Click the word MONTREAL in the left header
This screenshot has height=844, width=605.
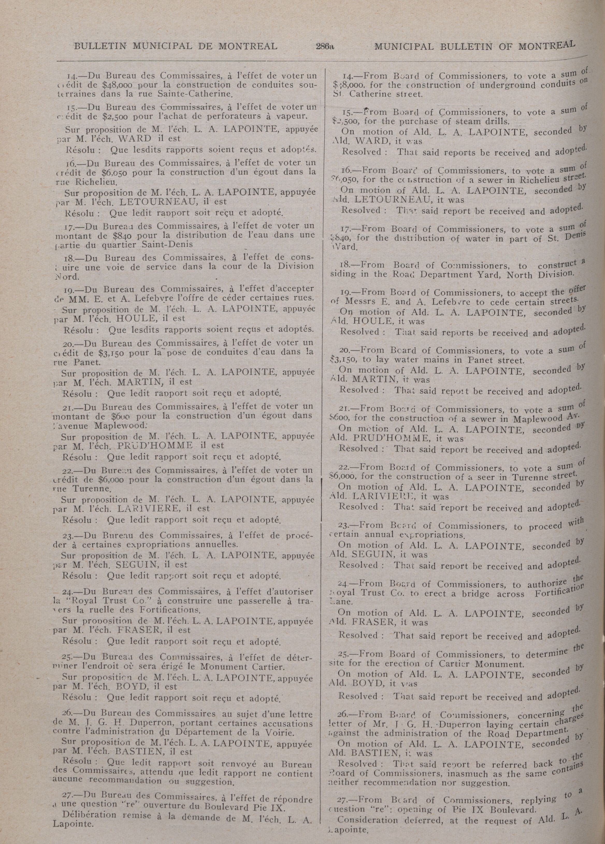pyautogui.click(x=248, y=46)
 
